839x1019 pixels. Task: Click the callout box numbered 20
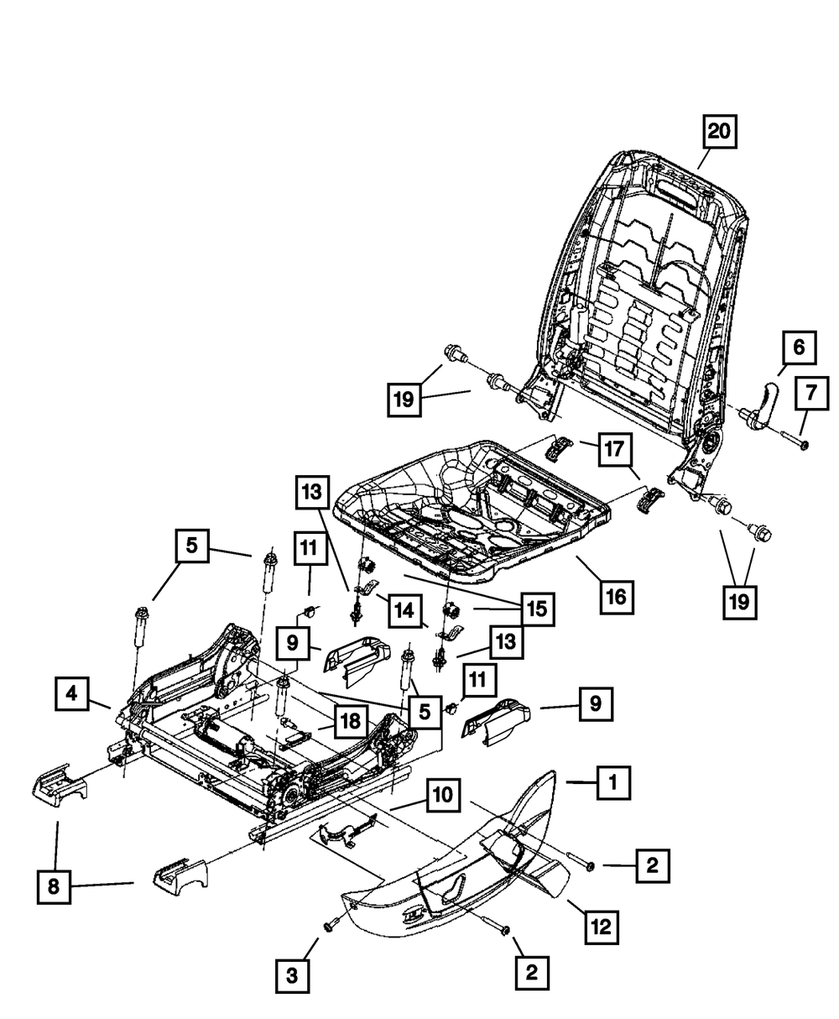[720, 131]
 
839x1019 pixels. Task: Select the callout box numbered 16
[617, 596]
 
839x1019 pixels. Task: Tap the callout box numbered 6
[799, 348]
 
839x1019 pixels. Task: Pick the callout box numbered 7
[811, 393]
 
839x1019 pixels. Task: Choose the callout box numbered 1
[613, 783]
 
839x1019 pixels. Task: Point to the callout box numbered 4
[71, 693]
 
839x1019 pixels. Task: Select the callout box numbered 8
[54, 887]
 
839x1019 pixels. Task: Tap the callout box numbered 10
[443, 795]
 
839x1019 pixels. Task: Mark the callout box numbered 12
[602, 927]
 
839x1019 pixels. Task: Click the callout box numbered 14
[405, 610]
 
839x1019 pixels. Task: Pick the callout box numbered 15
[538, 609]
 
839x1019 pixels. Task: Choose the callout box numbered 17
[615, 449]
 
